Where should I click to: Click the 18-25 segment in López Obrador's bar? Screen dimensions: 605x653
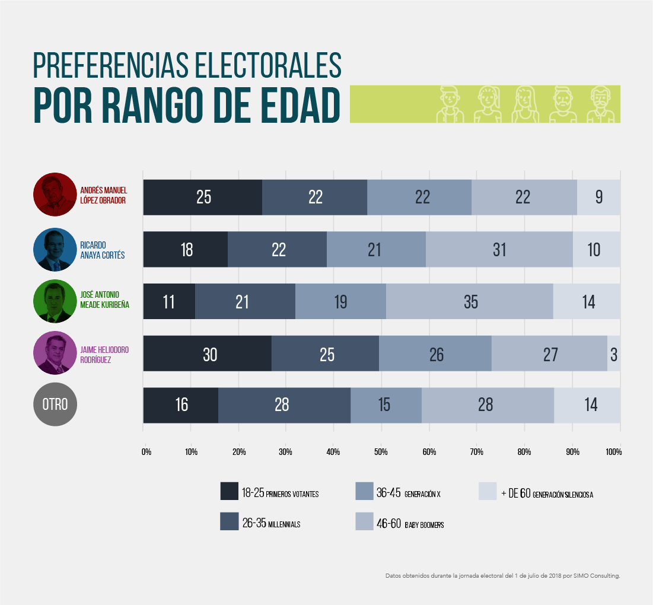[203, 198]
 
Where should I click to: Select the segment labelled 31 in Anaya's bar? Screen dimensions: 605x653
[499, 250]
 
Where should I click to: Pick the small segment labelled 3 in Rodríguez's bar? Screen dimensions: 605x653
[614, 354]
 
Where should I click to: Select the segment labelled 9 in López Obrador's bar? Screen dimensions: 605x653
[598, 198]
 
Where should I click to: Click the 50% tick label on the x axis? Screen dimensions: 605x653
[381, 452]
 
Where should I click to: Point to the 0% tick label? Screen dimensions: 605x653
[146, 452]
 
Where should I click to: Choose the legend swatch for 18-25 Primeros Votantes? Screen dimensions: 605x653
[229, 491]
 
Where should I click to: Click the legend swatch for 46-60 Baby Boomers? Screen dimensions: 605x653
[364, 521]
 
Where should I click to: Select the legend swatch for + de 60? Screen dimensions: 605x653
[487, 491]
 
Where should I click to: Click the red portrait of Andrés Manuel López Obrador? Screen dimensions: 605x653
[55, 195]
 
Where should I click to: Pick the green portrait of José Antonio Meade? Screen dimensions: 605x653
[55, 301]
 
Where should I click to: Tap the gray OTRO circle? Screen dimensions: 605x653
[55, 405]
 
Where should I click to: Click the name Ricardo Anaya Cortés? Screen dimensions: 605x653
[102, 250]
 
